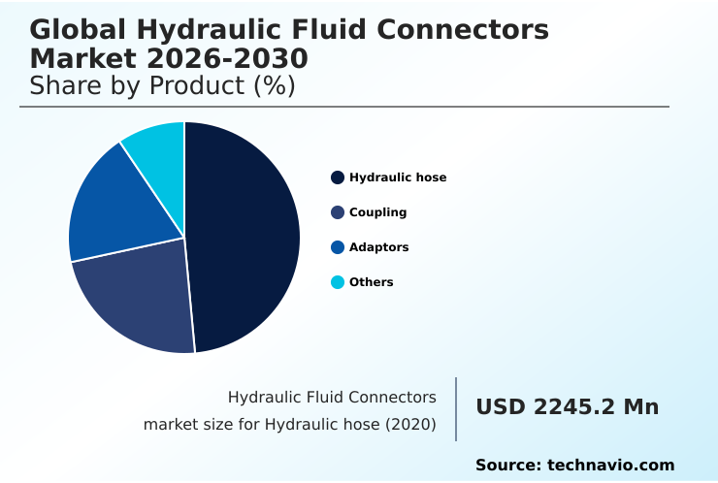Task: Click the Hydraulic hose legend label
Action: pos(398,177)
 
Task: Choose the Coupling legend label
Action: pos(377,212)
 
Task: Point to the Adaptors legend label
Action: pos(378,247)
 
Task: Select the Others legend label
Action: pos(371,282)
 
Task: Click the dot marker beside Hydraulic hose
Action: pos(338,177)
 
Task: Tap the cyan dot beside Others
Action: pos(338,282)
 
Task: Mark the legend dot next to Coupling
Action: pos(338,212)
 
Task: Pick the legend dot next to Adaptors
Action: pos(338,247)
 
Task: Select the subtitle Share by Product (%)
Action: pos(162,86)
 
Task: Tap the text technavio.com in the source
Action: pos(611,466)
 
